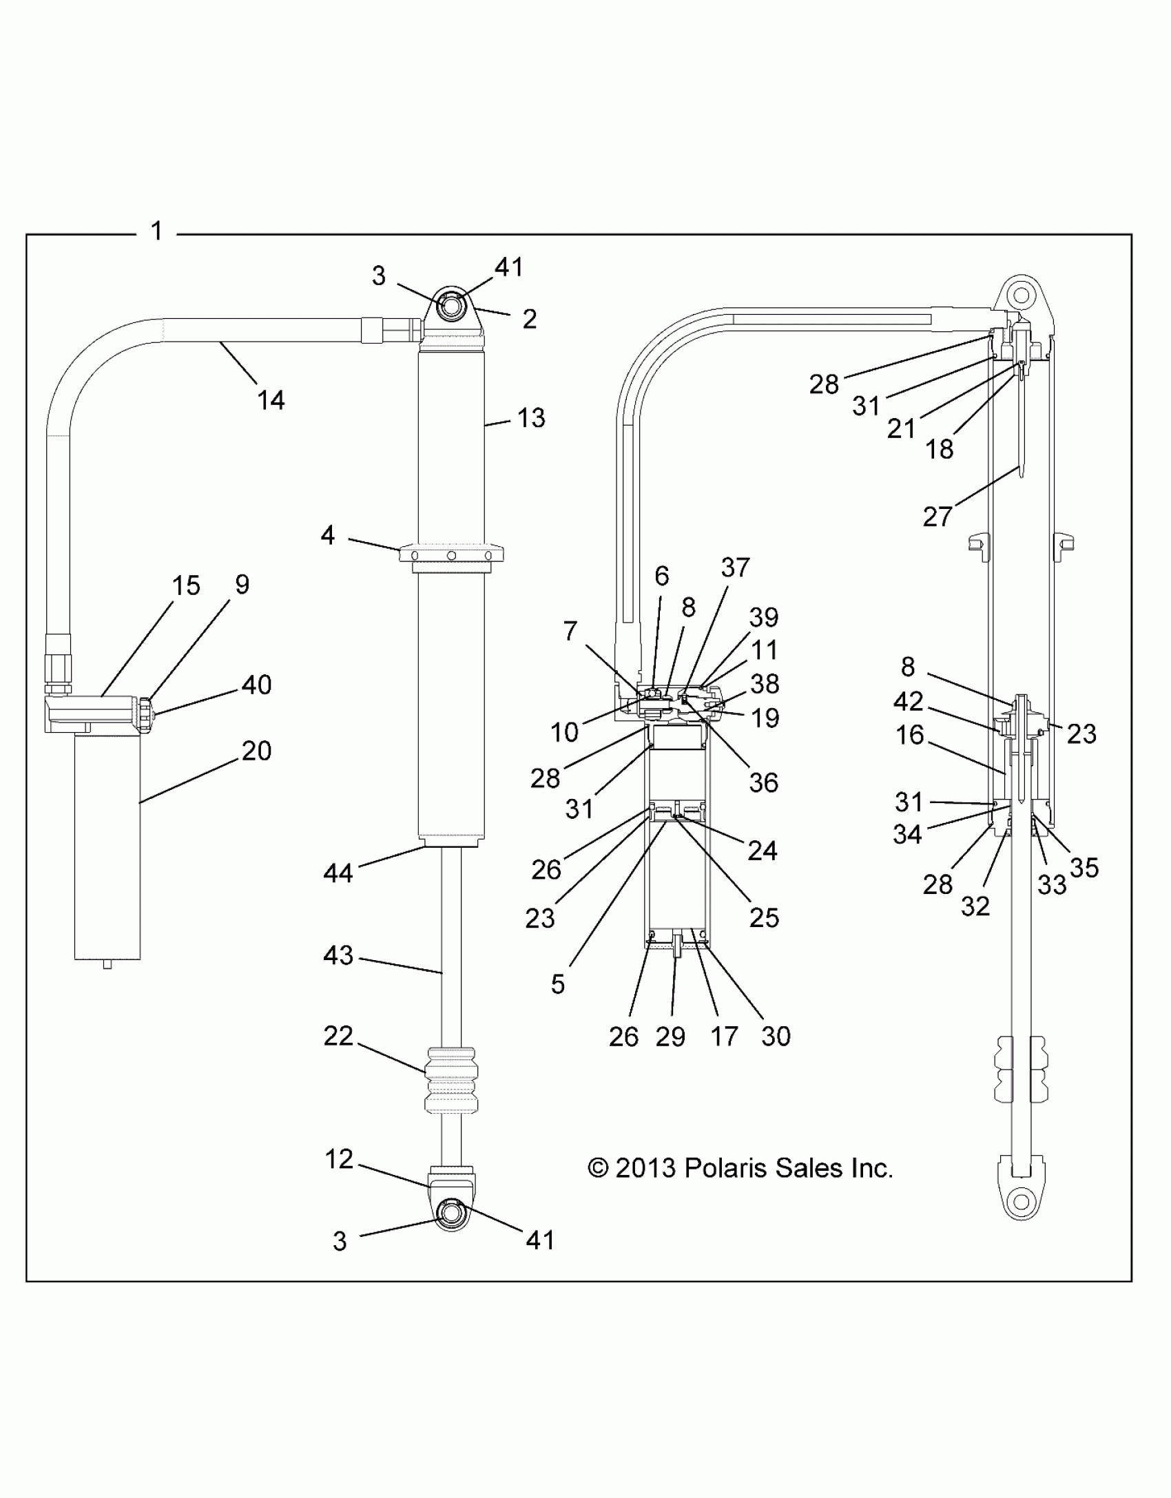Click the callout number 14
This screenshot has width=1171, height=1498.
point(271,400)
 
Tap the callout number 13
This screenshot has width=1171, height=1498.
point(530,418)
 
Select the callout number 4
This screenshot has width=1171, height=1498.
point(328,535)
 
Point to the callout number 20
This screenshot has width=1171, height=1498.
point(256,750)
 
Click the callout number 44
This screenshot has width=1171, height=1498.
point(338,873)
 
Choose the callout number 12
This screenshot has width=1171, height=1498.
point(339,1159)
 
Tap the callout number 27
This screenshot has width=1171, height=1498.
point(937,516)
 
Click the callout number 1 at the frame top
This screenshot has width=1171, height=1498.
point(157,231)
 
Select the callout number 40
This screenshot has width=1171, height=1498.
point(256,685)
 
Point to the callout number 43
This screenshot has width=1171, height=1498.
point(338,955)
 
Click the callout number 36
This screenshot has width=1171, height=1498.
point(763,782)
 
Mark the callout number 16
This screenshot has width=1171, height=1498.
point(909,735)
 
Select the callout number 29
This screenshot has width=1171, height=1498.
point(670,1055)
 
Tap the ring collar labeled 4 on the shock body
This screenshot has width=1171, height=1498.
point(451,556)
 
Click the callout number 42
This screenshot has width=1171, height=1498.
point(908,701)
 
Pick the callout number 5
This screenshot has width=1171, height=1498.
point(558,984)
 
